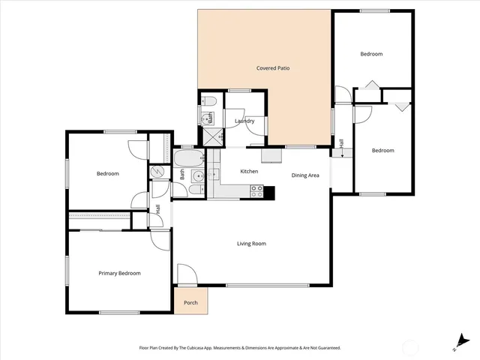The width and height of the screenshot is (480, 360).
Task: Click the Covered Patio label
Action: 272,68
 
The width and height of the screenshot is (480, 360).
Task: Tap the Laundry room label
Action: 244,121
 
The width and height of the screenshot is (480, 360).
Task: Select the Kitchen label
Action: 249,172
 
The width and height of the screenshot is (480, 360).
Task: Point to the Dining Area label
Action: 305,175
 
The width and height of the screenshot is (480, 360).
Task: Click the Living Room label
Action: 251,244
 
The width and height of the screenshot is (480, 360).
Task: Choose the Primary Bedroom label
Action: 119,274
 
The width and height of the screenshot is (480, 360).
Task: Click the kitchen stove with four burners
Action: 256,193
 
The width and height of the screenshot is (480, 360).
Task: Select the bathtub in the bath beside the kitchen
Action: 187,158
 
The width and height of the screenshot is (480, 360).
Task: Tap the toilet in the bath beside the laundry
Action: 210,100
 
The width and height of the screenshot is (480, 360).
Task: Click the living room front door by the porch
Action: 186,276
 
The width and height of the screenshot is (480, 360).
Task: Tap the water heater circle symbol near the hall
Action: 160,172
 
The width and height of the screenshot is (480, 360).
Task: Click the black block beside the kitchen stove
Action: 269,192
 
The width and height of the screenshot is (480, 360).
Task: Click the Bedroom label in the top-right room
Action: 371,54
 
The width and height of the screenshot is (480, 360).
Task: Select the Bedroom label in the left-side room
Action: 107,174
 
